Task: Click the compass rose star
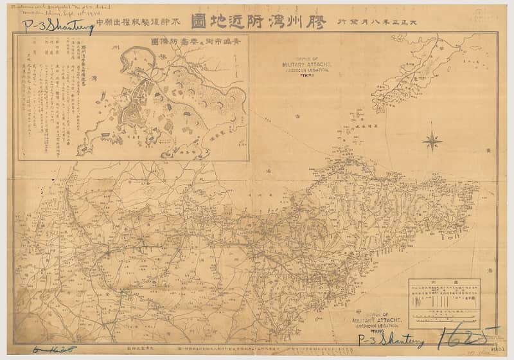[432, 140]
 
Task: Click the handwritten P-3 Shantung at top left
[58, 26]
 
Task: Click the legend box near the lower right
[444, 303]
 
